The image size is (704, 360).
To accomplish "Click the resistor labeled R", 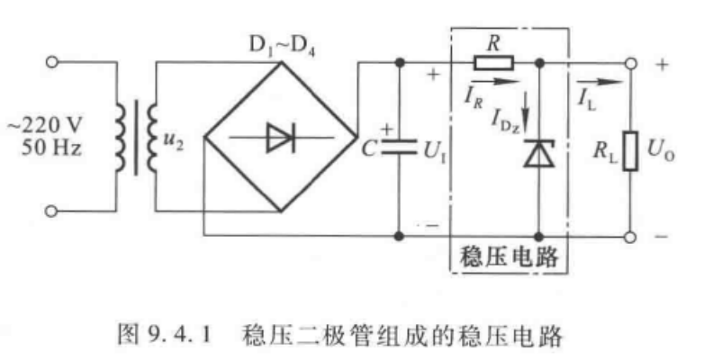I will [494, 62].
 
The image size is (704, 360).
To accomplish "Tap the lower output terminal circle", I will [631, 238].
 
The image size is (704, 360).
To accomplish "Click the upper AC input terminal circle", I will [51, 62].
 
